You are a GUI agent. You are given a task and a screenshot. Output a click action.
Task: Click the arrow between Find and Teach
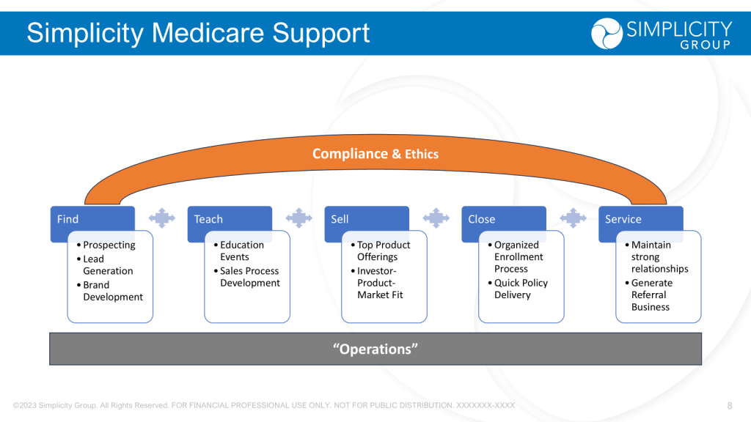click(x=162, y=218)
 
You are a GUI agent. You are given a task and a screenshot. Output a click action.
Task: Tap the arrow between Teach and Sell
click(x=299, y=218)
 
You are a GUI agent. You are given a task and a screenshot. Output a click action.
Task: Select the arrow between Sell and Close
click(x=436, y=218)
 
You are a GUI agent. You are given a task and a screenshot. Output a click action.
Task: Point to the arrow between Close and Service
click(x=574, y=218)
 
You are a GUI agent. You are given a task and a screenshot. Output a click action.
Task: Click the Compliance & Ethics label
click(x=375, y=154)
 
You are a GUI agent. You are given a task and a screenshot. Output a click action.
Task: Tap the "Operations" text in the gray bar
click(x=375, y=349)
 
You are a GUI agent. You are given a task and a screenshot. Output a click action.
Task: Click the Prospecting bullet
click(x=109, y=245)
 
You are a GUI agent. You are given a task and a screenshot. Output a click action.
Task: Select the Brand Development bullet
click(x=113, y=291)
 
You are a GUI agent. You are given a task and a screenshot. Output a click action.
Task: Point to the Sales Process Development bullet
click(x=249, y=277)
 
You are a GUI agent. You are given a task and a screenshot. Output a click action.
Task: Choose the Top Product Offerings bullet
click(x=384, y=251)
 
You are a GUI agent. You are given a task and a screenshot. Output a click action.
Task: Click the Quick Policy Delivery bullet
click(x=521, y=289)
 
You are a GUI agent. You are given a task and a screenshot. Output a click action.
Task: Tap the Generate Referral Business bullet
click(x=651, y=295)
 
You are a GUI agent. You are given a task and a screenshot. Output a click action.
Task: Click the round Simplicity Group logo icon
click(x=607, y=34)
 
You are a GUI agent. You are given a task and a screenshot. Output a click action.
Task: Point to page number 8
click(x=730, y=405)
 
